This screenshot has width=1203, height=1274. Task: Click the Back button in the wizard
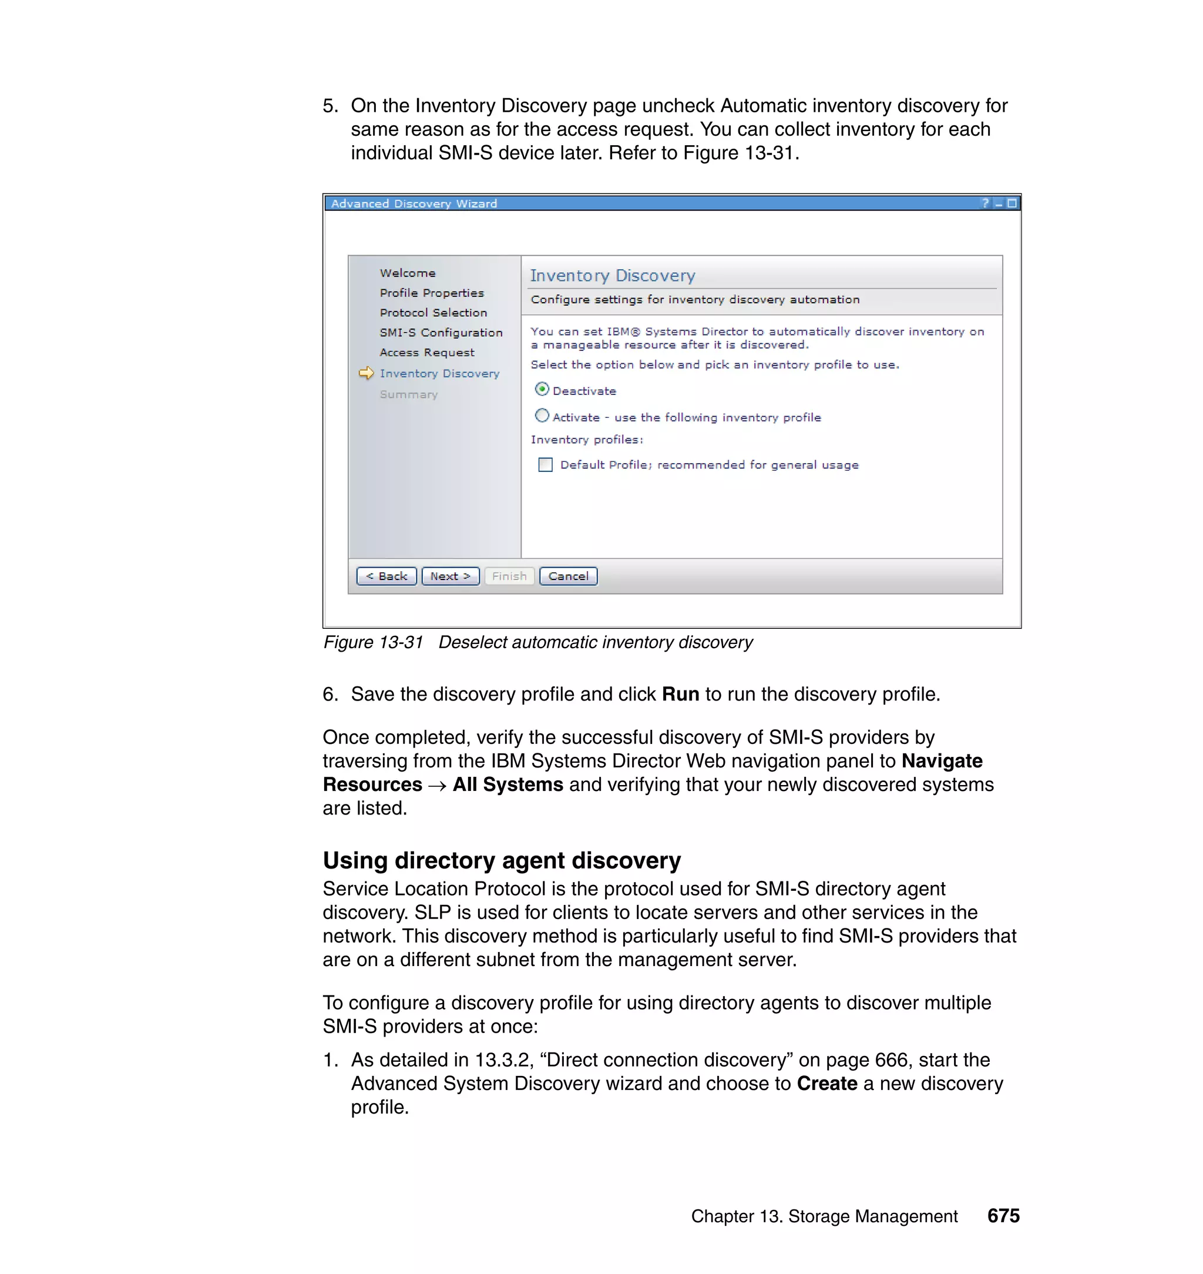click(x=386, y=576)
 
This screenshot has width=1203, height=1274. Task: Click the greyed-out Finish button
click(x=509, y=576)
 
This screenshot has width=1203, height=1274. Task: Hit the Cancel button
click(x=568, y=576)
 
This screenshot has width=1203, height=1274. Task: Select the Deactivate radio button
click(x=542, y=390)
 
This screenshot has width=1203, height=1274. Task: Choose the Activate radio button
click(x=542, y=415)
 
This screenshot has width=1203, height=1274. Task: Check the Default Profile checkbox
click(x=545, y=464)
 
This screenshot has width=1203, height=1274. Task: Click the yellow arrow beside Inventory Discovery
click(x=366, y=373)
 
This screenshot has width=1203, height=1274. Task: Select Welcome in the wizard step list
click(x=407, y=273)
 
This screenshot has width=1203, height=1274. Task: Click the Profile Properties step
click(x=432, y=293)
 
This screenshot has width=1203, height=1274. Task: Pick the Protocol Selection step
click(x=433, y=313)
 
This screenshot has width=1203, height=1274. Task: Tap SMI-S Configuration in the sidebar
click(x=441, y=332)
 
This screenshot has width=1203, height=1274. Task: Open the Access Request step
click(x=426, y=352)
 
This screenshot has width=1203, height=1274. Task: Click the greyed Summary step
click(x=408, y=394)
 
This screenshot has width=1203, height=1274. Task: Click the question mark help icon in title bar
click(x=985, y=203)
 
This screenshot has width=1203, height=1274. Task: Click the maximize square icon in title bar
click(x=1012, y=203)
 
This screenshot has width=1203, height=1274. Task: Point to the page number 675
click(x=1003, y=1216)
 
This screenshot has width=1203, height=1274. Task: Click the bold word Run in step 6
click(x=680, y=694)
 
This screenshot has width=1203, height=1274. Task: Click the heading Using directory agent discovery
click(x=502, y=860)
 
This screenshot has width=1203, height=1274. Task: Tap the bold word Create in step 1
click(x=826, y=1084)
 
